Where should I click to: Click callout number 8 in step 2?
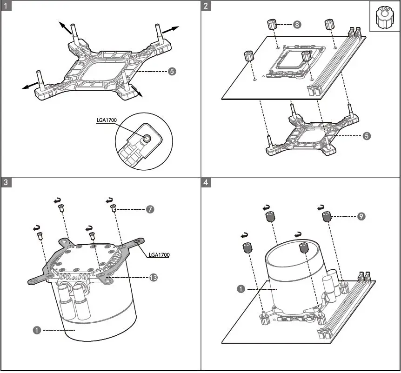point(297,24)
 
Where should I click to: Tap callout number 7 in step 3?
point(150,209)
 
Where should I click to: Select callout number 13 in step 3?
point(153,277)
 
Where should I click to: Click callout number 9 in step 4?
point(361,216)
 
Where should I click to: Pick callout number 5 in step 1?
point(172,72)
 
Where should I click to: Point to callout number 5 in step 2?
point(367,136)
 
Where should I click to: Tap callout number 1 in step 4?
point(241,289)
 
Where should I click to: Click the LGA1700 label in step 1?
point(107,120)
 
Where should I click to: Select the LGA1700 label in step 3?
point(159,255)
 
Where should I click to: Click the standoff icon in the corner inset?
point(385,17)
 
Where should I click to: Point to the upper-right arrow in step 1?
point(172,28)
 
